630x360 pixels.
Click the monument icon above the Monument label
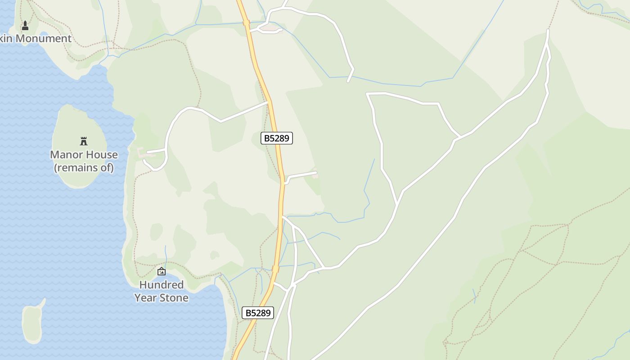pos(25,26)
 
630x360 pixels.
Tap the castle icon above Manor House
pos(83,141)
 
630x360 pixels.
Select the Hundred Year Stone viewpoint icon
pos(161,271)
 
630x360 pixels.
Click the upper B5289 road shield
pos(277,138)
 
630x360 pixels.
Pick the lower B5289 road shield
pos(258,313)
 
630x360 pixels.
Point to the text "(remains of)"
pos(84,168)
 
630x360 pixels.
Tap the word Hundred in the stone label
pos(161,285)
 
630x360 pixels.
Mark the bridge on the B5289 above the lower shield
pos(275,269)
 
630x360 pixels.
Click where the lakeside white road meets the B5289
pos(269,102)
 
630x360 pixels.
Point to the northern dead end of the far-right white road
pos(548,30)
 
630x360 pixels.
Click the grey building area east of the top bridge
pos(270,28)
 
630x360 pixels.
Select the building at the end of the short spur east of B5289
pos(315,175)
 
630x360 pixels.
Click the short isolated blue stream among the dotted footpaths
pos(474,296)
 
